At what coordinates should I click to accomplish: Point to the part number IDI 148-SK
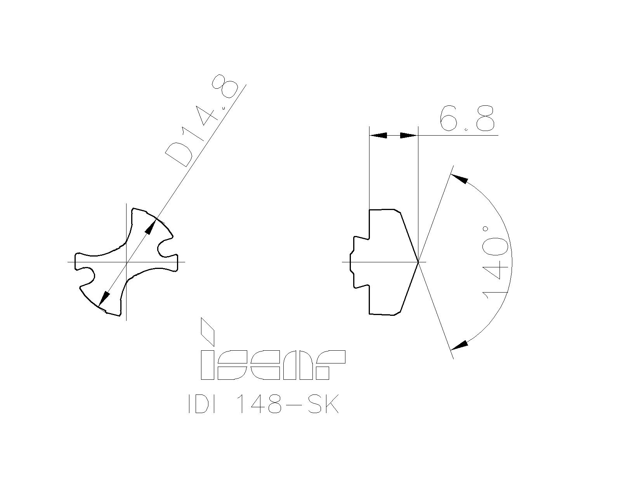click(264, 405)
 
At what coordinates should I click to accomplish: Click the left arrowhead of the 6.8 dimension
click(379, 135)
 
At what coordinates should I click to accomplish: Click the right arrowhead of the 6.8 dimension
click(408, 135)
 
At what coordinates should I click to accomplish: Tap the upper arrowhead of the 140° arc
click(459, 179)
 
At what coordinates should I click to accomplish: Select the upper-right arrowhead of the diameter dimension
click(150, 227)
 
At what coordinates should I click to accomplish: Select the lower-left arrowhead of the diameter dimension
click(103, 300)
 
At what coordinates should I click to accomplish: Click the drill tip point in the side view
click(418, 262)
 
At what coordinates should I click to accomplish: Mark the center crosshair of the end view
click(127, 262)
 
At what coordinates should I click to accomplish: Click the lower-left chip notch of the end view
click(88, 276)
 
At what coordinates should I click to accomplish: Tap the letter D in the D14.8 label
click(178, 154)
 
